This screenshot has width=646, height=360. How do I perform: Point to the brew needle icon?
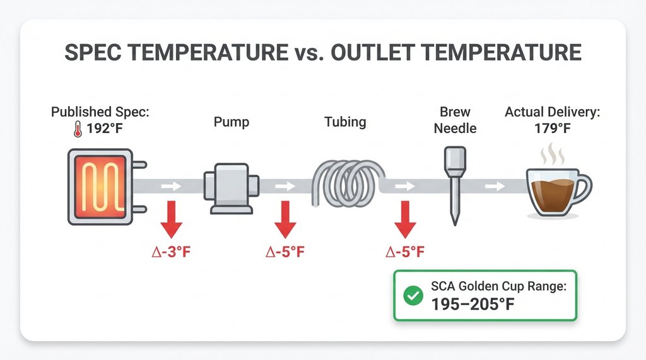(454, 183)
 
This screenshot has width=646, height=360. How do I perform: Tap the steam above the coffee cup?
(554, 154)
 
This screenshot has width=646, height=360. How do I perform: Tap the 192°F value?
(106, 131)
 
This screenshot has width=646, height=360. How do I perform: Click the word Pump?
(232, 121)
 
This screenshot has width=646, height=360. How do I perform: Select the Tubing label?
(345, 121)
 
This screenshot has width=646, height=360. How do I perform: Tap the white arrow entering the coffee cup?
(494, 186)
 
